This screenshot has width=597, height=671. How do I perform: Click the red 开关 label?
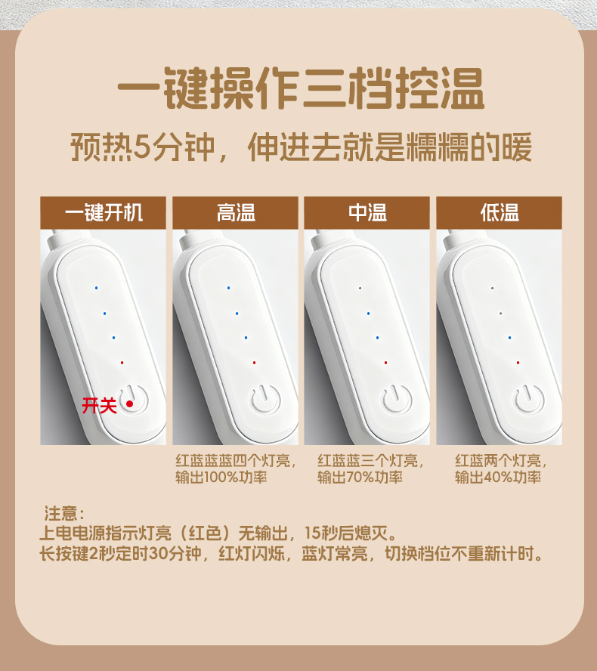click(99, 405)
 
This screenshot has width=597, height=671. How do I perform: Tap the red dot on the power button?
click(130, 404)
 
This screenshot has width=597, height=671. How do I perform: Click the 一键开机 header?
click(103, 212)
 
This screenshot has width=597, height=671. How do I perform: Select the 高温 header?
click(235, 212)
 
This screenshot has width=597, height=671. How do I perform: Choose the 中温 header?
click(367, 212)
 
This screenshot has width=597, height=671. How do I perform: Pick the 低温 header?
click(499, 212)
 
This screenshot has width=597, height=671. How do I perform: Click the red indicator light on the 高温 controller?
click(254, 363)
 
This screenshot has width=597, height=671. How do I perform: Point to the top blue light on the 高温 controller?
click(228, 288)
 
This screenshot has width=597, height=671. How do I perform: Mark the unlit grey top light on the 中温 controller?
click(360, 288)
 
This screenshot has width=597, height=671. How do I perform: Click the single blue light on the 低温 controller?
click(509, 338)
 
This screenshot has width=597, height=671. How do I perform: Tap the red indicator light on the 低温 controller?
click(518, 363)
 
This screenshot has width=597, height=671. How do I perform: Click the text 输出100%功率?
click(221, 477)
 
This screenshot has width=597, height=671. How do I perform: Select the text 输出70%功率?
click(360, 477)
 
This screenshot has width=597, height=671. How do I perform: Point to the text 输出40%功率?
click(498, 477)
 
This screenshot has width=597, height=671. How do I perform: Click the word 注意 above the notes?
click(60, 513)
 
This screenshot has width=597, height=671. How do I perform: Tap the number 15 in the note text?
click(312, 533)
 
